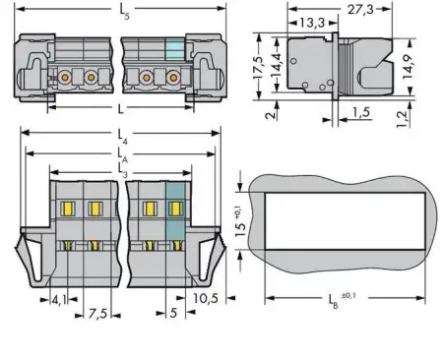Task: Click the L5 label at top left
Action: pos(122,11)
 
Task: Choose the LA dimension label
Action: pos(122,153)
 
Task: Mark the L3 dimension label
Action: pos(122,170)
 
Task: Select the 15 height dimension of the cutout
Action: pos(239,228)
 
